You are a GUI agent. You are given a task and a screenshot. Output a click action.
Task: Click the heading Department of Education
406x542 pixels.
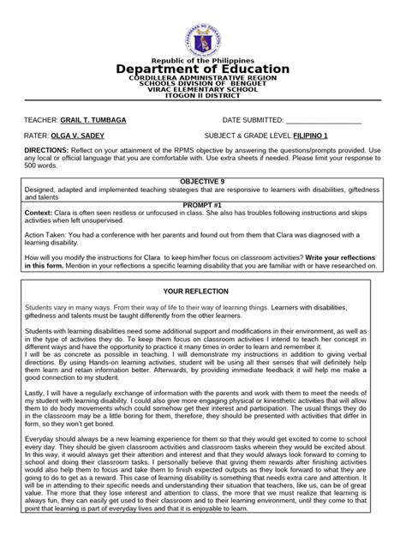coord(203,69)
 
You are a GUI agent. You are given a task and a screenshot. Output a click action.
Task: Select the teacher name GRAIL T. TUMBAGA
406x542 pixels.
coord(93,121)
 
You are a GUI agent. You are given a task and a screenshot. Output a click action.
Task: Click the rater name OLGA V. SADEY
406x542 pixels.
coord(85,135)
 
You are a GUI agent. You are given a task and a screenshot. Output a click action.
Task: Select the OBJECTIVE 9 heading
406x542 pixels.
coord(203,182)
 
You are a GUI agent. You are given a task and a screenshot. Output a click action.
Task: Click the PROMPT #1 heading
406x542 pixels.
coord(203,205)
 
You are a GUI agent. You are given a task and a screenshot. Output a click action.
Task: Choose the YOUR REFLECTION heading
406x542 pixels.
coord(203,292)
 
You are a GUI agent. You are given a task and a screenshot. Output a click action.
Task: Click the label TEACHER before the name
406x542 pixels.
coord(40,121)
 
